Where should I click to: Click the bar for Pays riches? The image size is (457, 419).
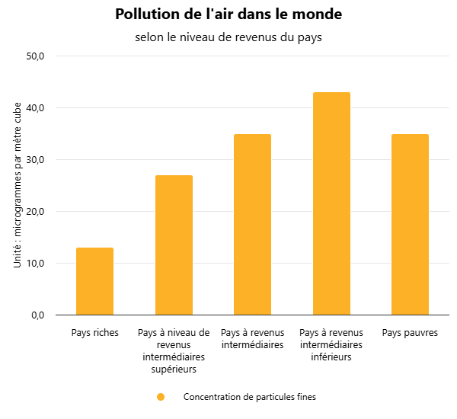point(95,281)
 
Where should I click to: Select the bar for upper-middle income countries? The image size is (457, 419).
point(174,245)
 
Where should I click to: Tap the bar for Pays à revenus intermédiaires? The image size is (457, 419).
point(252,224)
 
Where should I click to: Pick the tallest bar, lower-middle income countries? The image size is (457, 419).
point(331,203)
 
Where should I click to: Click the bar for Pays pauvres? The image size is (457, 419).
point(410,224)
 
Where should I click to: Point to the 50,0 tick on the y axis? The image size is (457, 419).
point(36,56)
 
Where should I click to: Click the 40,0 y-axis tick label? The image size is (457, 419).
point(36,108)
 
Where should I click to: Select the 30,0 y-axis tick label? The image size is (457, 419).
point(36,160)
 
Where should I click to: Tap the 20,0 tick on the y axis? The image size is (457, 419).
point(36,212)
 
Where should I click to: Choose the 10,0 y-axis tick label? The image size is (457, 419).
point(36,264)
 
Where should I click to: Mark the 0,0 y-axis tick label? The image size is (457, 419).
point(38,315)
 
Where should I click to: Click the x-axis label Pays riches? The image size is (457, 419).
point(95,333)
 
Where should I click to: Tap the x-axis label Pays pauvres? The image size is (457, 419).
point(410,333)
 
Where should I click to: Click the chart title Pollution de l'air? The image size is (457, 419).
point(228,14)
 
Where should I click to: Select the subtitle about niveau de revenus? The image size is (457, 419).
point(228,38)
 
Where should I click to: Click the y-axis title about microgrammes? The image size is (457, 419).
point(18,184)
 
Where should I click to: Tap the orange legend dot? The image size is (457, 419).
point(160,397)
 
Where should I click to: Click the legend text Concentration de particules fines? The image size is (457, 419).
point(249,397)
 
